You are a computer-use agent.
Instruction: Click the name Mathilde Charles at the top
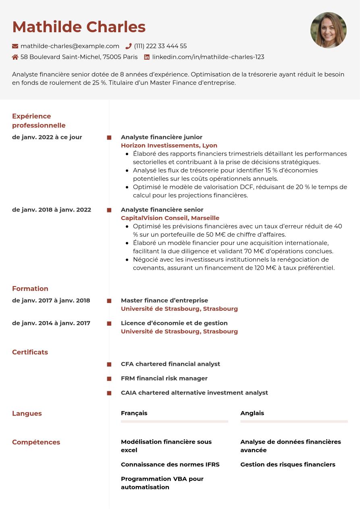pos(79,27)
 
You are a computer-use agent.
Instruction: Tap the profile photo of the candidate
pos(328,30)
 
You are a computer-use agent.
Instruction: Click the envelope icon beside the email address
pos(15,46)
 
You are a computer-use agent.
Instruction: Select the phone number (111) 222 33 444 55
pos(160,46)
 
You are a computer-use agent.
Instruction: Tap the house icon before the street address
pos(15,57)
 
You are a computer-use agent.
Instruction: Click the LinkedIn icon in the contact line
pos(147,57)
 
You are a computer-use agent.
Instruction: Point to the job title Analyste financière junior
pos(161,137)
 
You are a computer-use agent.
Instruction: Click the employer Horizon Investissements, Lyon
pos(169,145)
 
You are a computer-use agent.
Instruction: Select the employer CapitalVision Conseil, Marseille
pos(170,218)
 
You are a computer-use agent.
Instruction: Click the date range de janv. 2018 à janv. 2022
pos(52,210)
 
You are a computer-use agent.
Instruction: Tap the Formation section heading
pos(30,289)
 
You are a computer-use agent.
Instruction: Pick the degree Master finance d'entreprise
pos(164,300)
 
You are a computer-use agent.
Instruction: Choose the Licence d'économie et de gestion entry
pos(174,323)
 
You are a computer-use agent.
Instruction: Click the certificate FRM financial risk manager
pos(164,378)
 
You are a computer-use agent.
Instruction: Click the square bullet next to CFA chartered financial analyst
pos(109,364)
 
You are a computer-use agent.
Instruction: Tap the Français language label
pos(134,413)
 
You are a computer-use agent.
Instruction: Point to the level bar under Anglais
pos(294,422)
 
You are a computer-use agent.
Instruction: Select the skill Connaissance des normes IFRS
pos(170,464)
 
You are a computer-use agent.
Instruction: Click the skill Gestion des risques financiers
pos(287,464)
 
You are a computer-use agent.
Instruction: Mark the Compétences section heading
pos(36,442)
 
